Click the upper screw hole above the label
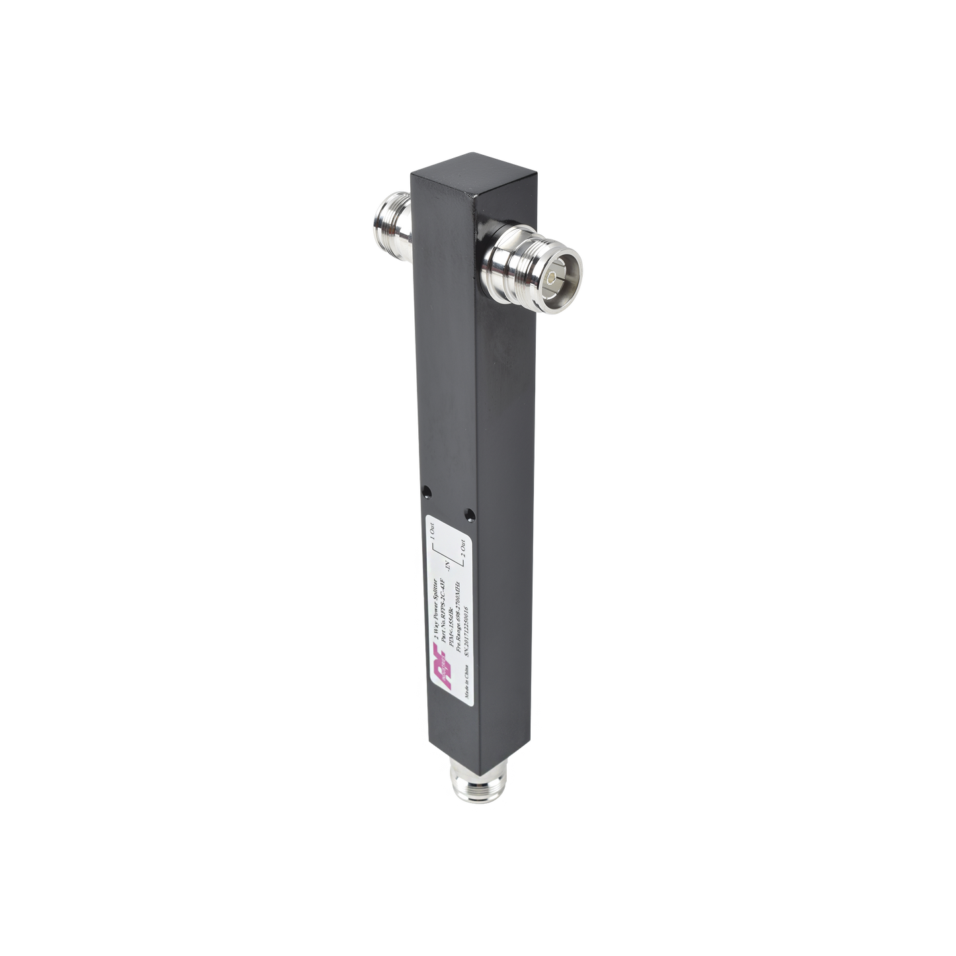click(426, 492)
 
